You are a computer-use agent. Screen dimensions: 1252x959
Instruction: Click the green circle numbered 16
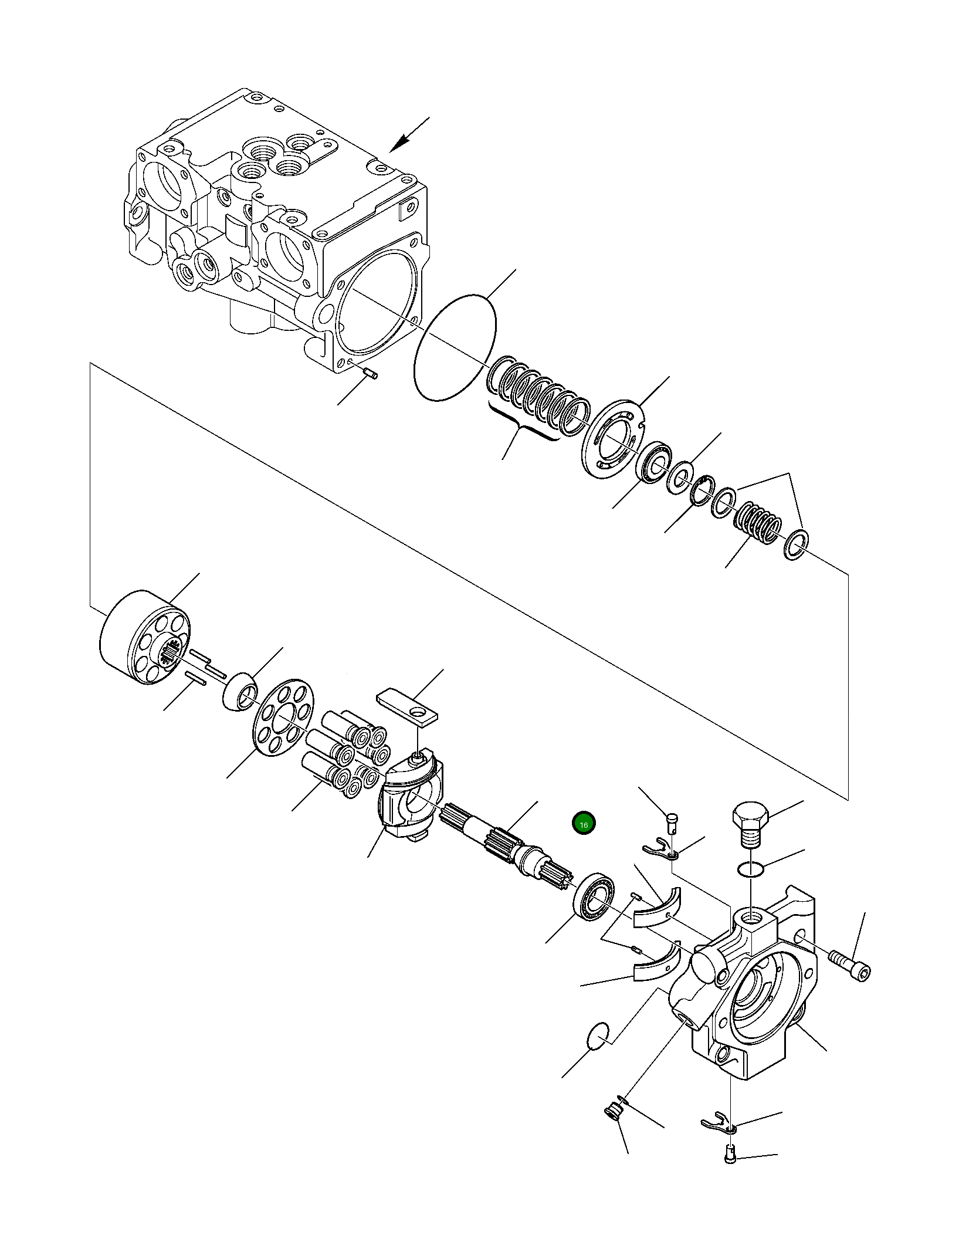click(x=584, y=824)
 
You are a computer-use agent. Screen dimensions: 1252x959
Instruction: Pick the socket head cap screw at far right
click(x=850, y=970)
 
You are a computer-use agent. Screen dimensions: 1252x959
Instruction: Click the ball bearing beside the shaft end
click(x=594, y=904)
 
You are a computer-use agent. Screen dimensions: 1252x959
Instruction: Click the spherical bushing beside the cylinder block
click(x=241, y=692)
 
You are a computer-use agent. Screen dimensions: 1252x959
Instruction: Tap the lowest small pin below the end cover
click(x=728, y=1171)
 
